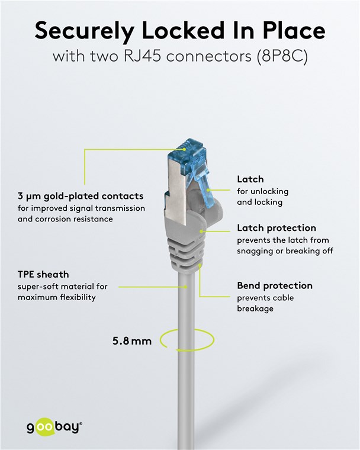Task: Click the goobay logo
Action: pos(54,427)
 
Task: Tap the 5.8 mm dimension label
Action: pos(132,341)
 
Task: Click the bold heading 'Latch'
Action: pos(250,179)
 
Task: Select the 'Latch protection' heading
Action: pos(277,228)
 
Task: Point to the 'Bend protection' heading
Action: pos(275,285)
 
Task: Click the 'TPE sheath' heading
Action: pos(43,275)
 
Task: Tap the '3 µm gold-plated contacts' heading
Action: pos(81,196)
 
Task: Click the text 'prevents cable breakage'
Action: pos(265,303)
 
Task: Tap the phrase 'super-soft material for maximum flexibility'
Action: pos(62,292)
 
